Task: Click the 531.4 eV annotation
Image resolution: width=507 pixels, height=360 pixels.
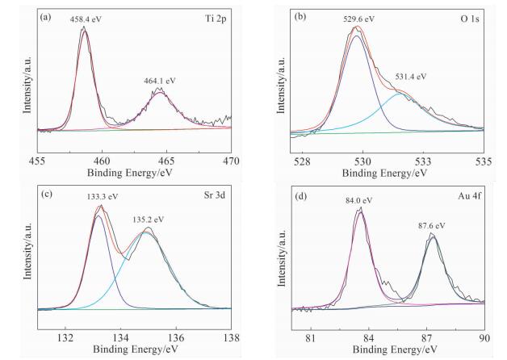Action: (410, 77)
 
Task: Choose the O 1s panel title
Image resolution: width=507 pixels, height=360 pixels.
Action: (467, 17)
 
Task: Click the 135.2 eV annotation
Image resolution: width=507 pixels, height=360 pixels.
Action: (149, 219)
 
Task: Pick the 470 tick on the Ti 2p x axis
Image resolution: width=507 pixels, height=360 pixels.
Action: (232, 161)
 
